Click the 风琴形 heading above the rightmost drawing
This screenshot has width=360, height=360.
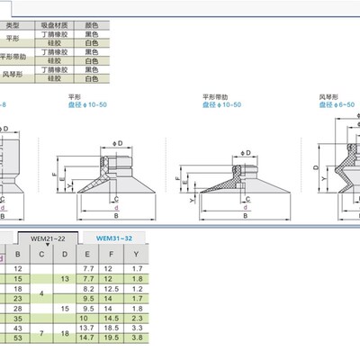pos(328,94)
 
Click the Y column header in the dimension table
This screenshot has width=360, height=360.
pos(136,255)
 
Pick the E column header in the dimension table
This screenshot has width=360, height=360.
pos(88,255)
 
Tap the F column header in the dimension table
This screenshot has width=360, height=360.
pos(112,255)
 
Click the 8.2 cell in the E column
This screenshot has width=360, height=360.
pos(88,290)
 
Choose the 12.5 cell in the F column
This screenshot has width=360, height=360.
pos(112,290)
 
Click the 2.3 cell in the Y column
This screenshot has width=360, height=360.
pos(136,318)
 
